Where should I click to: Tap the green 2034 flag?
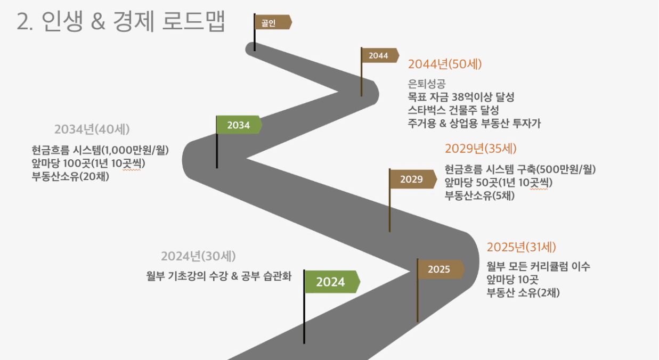click(x=239, y=125)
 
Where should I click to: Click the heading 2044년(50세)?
click(x=445, y=64)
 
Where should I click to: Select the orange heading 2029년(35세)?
click(x=481, y=149)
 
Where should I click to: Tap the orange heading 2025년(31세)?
click(x=522, y=247)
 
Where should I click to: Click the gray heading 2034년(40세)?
click(x=92, y=129)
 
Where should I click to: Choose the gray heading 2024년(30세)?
click(x=198, y=256)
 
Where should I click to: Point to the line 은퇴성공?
click(x=427, y=84)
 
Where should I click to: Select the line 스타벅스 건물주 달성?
click(x=453, y=110)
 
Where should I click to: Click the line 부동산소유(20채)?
click(x=71, y=176)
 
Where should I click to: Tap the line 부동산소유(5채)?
click(x=479, y=195)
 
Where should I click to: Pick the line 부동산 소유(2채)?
click(x=523, y=293)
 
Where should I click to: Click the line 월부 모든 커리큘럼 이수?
click(x=539, y=266)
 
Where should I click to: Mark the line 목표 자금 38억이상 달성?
click(x=461, y=97)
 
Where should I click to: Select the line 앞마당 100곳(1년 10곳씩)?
click(x=88, y=163)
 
